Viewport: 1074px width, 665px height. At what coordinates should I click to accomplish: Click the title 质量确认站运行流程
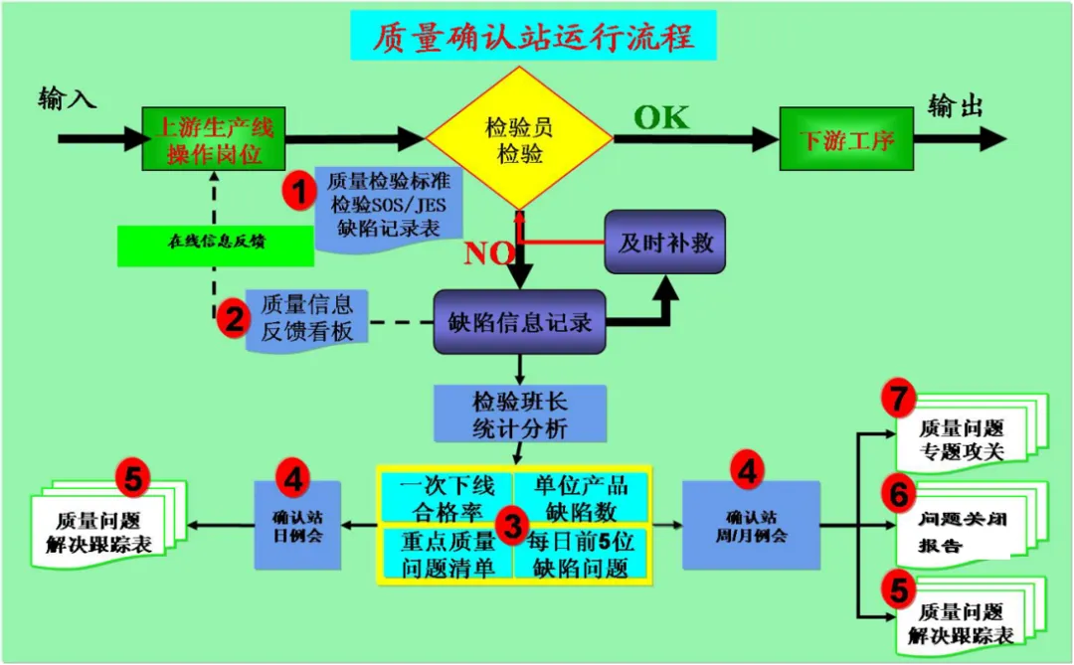click(x=533, y=36)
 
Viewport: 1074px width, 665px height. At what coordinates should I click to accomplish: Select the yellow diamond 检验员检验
click(x=519, y=139)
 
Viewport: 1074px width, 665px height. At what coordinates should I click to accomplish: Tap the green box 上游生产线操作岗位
click(x=214, y=139)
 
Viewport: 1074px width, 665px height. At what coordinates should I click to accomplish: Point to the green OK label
click(x=661, y=117)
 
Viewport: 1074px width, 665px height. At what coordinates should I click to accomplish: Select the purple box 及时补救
click(x=665, y=243)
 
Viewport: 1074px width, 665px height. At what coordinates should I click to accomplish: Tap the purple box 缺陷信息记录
click(x=519, y=322)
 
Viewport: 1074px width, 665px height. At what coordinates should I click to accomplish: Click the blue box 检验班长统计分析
click(x=520, y=414)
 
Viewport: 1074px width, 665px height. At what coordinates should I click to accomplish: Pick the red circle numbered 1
click(x=297, y=189)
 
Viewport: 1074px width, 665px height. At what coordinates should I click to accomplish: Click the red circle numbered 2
click(x=235, y=318)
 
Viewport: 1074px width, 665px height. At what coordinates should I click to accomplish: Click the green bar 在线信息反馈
click(x=215, y=246)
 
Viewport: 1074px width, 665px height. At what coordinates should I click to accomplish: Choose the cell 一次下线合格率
click(x=447, y=497)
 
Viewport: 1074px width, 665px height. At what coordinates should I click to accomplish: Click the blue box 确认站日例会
click(x=297, y=526)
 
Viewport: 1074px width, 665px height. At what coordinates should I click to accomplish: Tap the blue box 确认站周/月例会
click(x=751, y=526)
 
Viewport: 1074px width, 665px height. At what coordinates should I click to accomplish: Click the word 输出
click(x=955, y=105)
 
